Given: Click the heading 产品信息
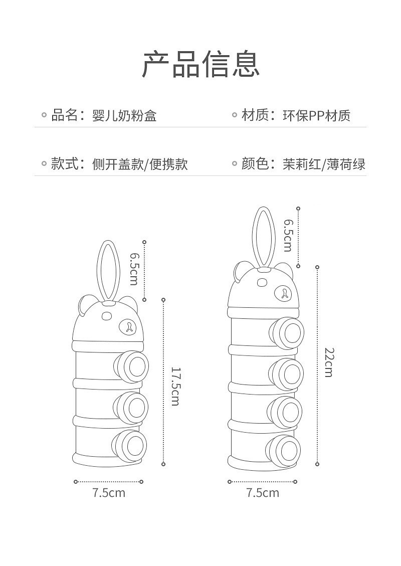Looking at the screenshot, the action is [x=200, y=64].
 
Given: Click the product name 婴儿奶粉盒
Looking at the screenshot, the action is [x=124, y=116].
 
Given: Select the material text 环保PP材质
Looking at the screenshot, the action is [x=316, y=116].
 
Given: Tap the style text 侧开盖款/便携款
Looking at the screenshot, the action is [x=140, y=164].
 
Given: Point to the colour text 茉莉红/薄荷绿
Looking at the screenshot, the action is [x=324, y=164].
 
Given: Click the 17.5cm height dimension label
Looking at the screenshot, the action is [x=175, y=386].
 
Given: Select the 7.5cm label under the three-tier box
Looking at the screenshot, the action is [x=109, y=493].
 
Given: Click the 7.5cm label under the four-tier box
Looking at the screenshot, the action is [x=262, y=493].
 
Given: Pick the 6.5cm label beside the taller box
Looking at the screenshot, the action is [x=288, y=235].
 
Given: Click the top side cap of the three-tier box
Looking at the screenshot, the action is [x=134, y=366].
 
